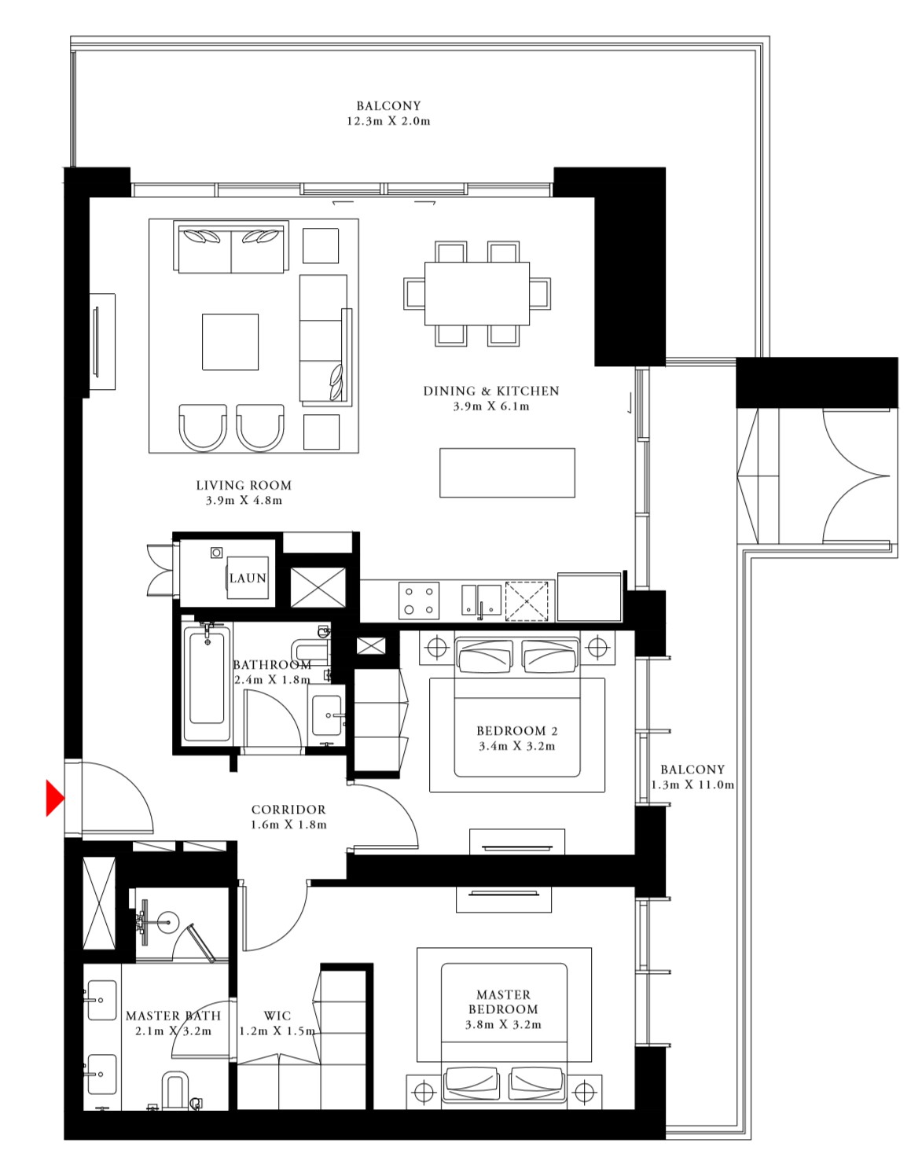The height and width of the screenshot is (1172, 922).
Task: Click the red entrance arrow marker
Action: click(54, 798)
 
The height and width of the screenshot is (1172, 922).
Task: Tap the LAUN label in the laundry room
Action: click(248, 578)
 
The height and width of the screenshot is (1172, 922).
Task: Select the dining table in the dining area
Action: click(476, 293)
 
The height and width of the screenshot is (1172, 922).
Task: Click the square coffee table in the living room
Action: click(230, 342)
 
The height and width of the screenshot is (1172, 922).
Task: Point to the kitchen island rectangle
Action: click(507, 472)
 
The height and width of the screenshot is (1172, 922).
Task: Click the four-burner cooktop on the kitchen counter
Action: click(418, 601)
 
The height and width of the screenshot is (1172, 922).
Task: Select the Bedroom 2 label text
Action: click(516, 731)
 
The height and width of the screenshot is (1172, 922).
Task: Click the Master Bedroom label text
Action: click(503, 1002)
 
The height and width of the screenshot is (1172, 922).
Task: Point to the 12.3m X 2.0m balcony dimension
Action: click(388, 121)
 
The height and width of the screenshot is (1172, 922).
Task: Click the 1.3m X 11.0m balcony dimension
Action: click(692, 784)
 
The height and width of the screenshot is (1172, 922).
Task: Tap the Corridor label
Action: click(288, 810)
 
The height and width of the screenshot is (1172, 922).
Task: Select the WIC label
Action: click(277, 1016)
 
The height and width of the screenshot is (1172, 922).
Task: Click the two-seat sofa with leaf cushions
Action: click(231, 248)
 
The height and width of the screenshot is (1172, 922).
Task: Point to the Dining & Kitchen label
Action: click(491, 391)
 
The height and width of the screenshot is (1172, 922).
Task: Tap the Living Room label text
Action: click(244, 485)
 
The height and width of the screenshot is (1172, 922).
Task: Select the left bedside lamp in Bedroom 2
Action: click(436, 648)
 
